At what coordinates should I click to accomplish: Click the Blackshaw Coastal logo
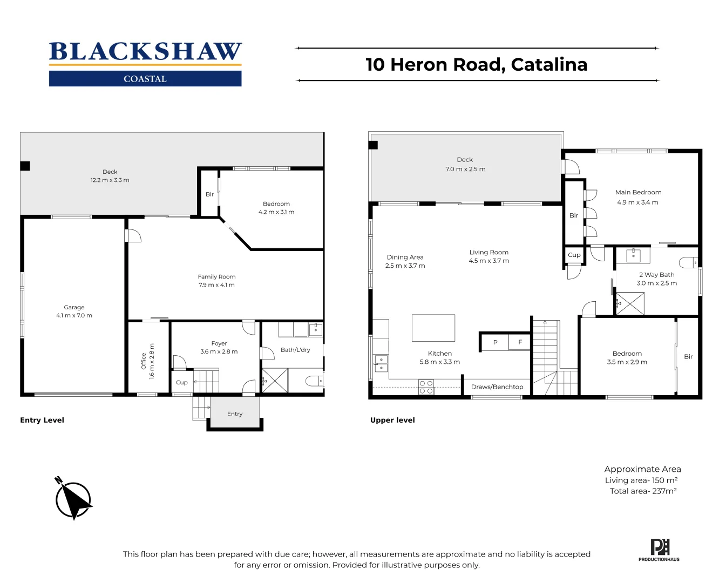point(145,64)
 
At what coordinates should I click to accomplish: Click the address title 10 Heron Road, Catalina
point(477,64)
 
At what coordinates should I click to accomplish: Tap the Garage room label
point(74,307)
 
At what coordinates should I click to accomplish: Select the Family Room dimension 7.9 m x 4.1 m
point(216,285)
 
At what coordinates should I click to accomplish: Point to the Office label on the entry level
point(144,361)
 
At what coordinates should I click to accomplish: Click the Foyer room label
point(219,343)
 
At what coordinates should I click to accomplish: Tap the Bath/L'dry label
point(295,350)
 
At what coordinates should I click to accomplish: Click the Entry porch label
point(235,414)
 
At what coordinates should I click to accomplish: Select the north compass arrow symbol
point(73,499)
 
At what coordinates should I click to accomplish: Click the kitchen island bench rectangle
point(433,328)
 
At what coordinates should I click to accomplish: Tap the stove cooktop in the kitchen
point(426,387)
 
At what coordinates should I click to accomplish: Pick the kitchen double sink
point(381,363)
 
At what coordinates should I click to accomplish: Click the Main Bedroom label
point(638,192)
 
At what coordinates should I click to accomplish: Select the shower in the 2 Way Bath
point(630,303)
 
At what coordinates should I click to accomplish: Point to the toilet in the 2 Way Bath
point(689,263)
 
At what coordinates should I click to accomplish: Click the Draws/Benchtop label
point(497,387)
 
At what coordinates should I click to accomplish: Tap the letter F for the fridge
point(520,342)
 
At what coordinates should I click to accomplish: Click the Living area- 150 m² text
point(641,480)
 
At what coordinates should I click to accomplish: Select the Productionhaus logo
point(659,550)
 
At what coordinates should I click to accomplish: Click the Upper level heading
point(392,420)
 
